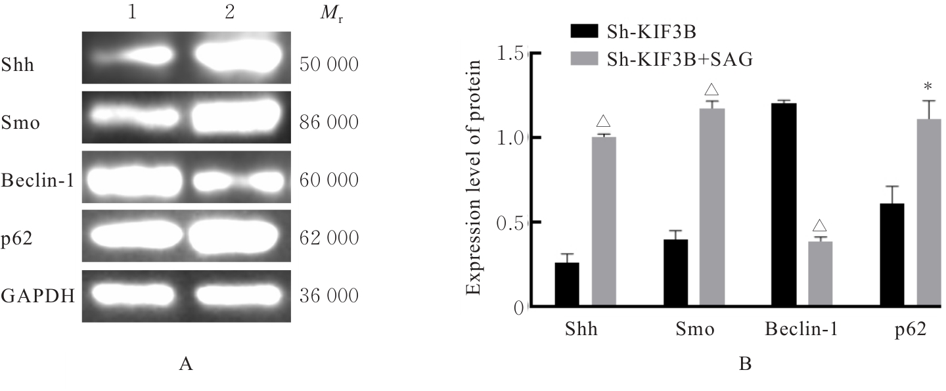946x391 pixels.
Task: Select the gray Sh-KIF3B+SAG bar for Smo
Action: point(711,208)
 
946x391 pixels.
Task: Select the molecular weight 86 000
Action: point(328,123)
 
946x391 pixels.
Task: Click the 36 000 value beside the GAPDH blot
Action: point(328,296)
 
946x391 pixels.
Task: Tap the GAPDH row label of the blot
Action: point(37,296)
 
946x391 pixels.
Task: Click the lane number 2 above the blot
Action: point(229,14)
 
